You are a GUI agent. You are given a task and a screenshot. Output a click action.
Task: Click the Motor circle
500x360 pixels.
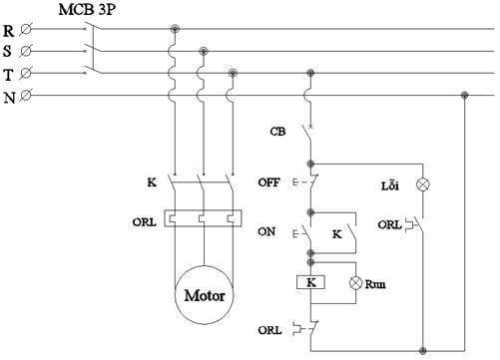click(205, 295)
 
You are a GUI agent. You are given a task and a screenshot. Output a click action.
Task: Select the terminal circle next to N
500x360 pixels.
click(26, 95)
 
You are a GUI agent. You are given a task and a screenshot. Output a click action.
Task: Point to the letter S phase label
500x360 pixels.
click(9, 51)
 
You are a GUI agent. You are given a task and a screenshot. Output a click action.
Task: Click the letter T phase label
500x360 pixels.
click(9, 73)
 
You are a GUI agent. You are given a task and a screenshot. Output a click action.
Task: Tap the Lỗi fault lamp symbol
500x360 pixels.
click(422, 184)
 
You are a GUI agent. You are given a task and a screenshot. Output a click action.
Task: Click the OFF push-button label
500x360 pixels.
click(269, 182)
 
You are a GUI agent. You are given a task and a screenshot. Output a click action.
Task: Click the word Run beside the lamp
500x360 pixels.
click(375, 283)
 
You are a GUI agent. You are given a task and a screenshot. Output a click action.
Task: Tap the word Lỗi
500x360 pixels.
click(390, 184)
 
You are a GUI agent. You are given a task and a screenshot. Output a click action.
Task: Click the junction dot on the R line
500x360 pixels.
click(176, 30)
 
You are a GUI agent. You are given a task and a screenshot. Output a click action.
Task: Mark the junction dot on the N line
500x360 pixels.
click(464, 95)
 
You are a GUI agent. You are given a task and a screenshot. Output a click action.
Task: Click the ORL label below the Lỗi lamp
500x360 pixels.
click(389, 225)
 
